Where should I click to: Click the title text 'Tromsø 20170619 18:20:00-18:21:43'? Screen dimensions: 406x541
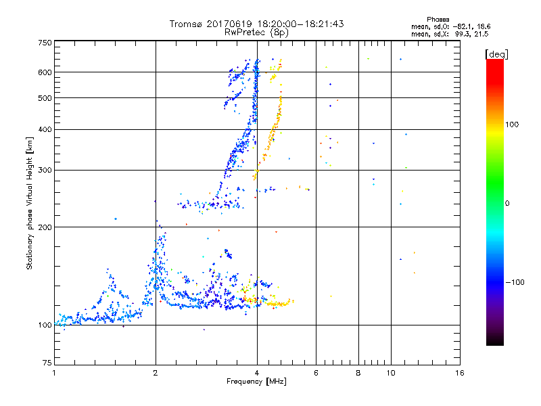[256, 24]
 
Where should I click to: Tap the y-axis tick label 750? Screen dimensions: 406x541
[45, 43]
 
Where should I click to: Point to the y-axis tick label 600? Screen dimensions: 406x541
[45, 72]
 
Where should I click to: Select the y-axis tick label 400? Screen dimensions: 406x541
[45, 129]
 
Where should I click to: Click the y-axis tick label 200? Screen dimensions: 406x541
[45, 227]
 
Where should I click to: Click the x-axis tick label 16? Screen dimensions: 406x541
[458, 373]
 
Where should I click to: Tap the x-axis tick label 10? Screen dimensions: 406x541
[391, 373]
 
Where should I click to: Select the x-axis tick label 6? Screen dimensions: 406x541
[316, 373]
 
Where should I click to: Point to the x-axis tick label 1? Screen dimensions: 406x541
[54, 373]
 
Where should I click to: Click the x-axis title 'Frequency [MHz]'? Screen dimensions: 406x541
[256, 382]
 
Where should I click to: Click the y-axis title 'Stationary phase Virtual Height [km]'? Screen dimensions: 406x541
[30, 203]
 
